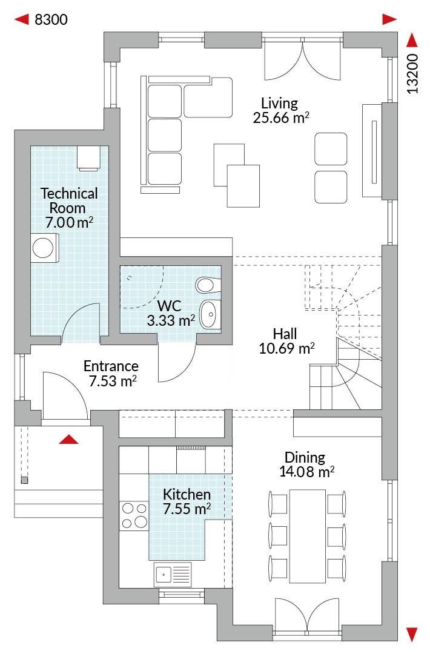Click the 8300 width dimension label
pos(51,19)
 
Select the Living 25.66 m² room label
pos(280,111)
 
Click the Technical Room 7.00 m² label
pos(69,208)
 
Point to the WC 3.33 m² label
pos(171,313)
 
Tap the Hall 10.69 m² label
pos(286,341)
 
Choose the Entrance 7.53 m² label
pos(111,373)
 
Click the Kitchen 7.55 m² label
pos(187,501)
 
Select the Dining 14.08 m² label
pos(306,464)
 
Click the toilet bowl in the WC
pos(205,285)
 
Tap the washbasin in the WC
pos(210,314)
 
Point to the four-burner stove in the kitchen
pos(134,515)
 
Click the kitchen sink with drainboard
pos(173,574)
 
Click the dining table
pos(308,537)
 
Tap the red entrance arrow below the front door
pos(68,439)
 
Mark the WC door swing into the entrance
pos(177,361)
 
